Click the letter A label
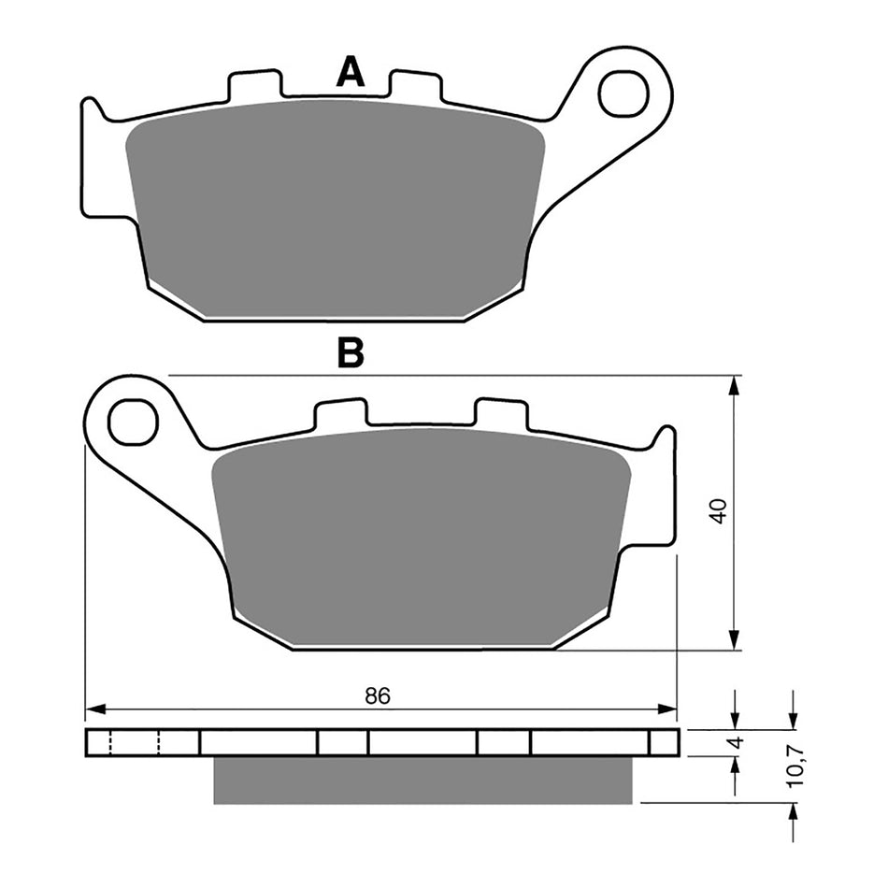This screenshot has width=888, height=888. click(x=351, y=72)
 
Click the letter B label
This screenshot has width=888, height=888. click(x=351, y=353)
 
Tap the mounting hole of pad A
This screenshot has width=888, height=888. click(x=623, y=93)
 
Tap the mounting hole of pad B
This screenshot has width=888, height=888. click(x=132, y=423)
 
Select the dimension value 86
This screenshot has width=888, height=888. click(x=377, y=695)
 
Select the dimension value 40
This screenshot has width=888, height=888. click(x=718, y=511)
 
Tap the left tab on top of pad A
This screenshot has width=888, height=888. click(x=254, y=86)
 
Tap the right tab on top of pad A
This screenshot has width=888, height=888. click(x=415, y=86)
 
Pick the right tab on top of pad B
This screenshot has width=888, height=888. click(x=501, y=414)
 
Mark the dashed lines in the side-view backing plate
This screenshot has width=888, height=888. click(x=136, y=743)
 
